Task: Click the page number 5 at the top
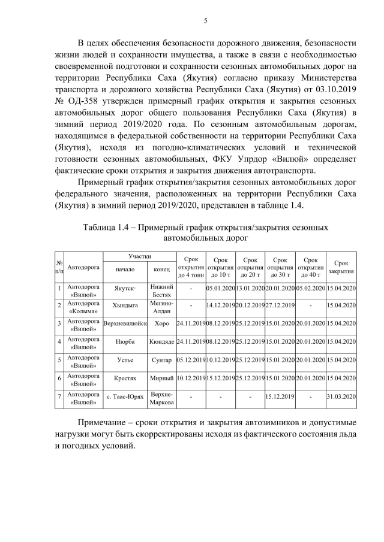click(205, 21)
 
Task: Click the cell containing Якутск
click(125, 288)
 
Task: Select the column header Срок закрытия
click(341, 267)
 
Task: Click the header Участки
click(139, 256)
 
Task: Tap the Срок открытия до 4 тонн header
click(190, 267)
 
